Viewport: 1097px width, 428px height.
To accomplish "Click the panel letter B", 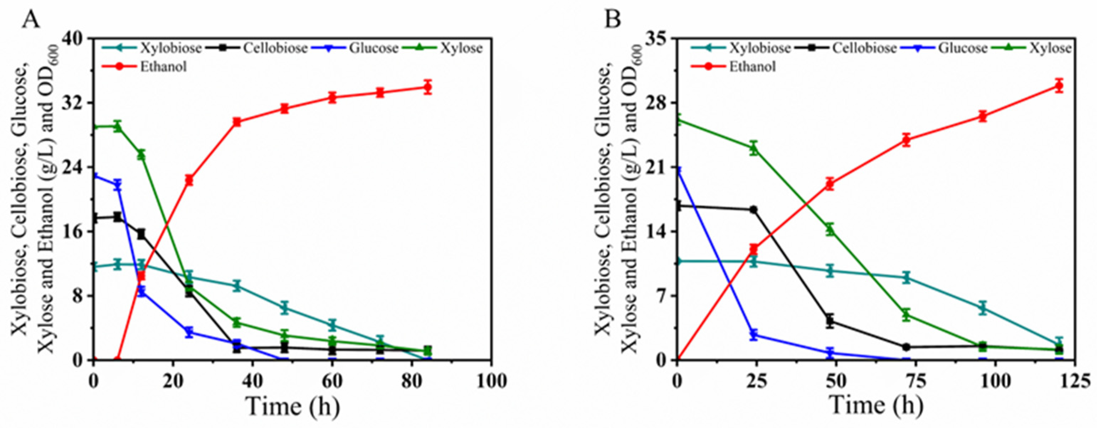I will point(613,19).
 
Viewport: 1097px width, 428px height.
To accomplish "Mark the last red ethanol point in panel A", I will point(428,87).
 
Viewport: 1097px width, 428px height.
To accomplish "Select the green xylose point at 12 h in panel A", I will point(141,155).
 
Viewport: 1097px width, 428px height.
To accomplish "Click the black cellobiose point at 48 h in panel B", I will point(829,321).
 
